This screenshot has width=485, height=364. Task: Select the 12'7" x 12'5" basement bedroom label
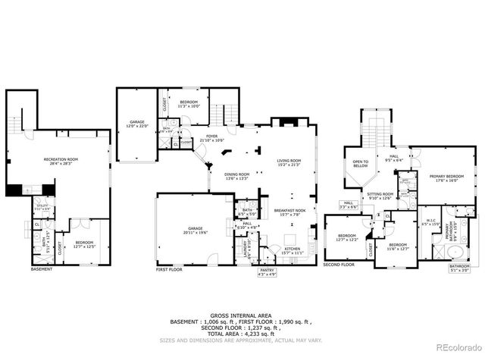84,244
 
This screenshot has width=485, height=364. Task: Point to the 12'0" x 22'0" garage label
136,124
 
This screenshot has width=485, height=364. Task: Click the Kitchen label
293,250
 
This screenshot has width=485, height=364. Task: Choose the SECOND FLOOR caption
340,265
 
